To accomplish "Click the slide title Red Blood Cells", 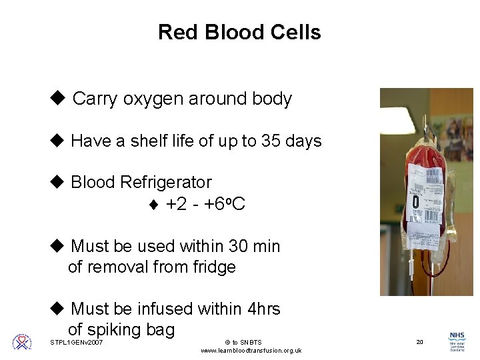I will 239,33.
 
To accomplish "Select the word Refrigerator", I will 166,182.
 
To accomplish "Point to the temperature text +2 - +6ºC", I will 205,204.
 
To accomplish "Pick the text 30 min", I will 254,247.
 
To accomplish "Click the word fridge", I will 215,267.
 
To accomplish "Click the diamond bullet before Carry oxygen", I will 57,99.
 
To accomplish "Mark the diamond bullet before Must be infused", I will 57,309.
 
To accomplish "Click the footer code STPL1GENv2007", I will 77,343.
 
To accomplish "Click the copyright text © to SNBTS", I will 243,343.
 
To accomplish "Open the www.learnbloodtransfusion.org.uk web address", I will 251,351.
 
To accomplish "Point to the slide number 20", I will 419,342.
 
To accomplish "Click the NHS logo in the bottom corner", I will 457,341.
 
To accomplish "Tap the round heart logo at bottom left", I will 22,342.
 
